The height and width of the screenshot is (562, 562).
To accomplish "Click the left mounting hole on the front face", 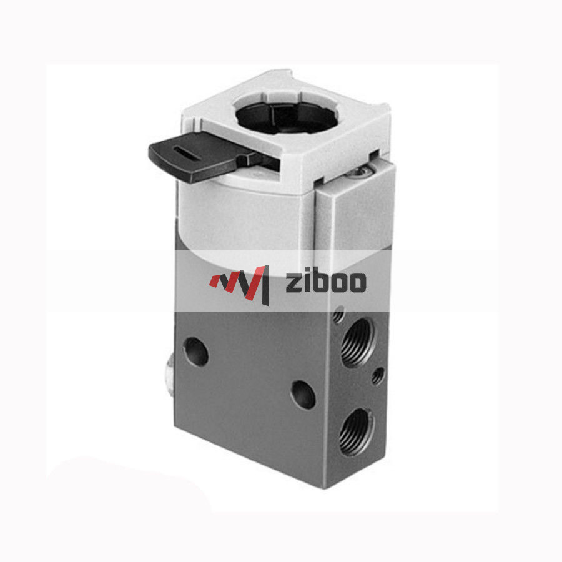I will [x=196, y=351].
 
